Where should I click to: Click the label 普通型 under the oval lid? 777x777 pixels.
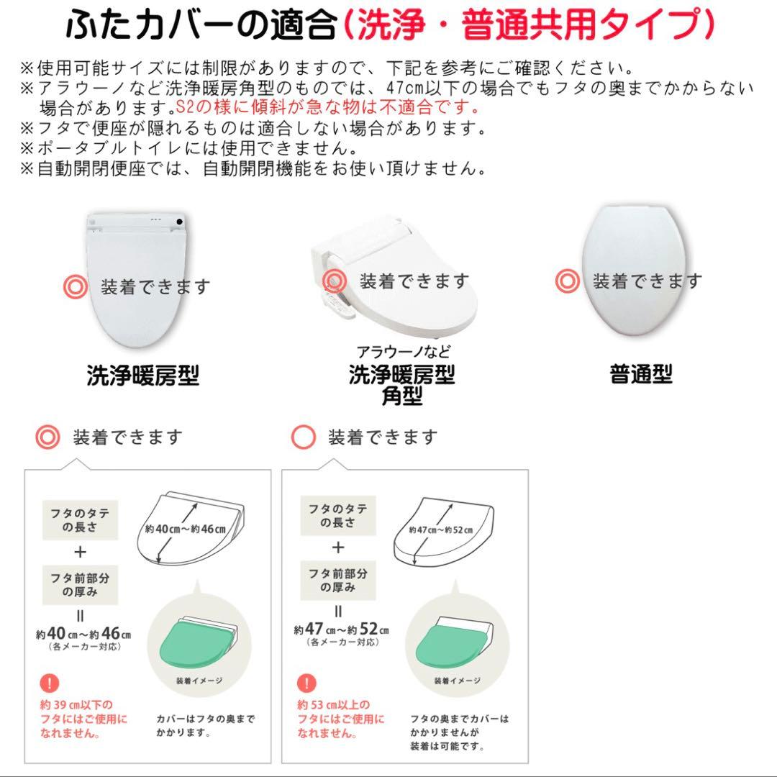(x=641, y=374)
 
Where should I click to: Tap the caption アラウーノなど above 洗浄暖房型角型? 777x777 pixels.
(x=404, y=353)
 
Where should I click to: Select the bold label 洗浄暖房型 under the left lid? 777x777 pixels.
(x=142, y=376)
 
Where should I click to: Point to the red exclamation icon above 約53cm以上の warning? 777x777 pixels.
(x=307, y=683)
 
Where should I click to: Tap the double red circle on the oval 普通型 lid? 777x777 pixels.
(x=568, y=281)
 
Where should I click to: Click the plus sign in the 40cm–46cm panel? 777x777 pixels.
(x=80, y=552)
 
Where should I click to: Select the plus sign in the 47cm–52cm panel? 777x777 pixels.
(x=338, y=547)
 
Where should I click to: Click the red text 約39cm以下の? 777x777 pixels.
(x=76, y=704)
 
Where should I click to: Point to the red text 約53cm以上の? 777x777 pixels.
(x=334, y=704)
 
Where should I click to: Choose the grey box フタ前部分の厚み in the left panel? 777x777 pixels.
(x=80, y=583)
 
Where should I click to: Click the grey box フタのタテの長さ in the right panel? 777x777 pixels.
(x=338, y=515)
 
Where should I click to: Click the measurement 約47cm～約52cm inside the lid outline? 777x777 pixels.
(x=441, y=530)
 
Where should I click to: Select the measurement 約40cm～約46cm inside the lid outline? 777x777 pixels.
(x=185, y=530)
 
